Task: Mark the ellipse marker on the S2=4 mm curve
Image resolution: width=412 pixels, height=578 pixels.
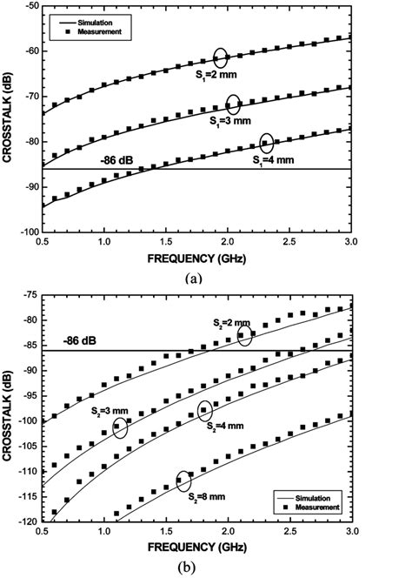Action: pos(205,410)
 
